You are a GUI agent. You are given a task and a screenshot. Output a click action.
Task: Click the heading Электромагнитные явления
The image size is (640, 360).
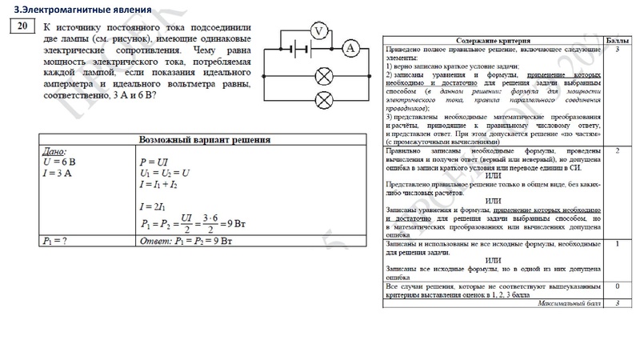point(60,9)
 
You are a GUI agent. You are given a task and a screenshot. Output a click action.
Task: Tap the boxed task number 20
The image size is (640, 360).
point(22,28)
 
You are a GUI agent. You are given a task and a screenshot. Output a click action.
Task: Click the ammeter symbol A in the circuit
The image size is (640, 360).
point(350,49)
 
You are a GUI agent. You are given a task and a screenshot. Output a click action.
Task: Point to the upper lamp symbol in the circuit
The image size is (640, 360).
point(325,78)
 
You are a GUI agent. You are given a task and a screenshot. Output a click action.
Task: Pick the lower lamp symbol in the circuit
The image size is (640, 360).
point(325,100)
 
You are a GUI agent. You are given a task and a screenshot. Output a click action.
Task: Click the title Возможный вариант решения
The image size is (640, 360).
point(204,138)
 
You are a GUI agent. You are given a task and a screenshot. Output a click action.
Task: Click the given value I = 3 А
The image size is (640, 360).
point(59,172)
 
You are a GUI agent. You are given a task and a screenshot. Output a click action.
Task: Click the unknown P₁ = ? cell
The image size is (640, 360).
point(56,240)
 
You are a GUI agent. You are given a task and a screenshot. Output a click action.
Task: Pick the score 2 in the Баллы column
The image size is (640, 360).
point(618,150)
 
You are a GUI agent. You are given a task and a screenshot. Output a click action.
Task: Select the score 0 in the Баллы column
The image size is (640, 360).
point(618,286)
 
